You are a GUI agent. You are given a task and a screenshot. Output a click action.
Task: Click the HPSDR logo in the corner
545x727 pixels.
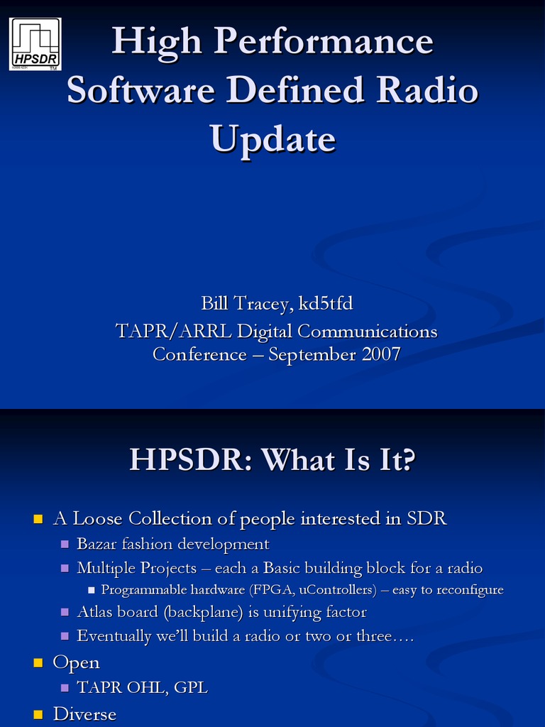point(35,44)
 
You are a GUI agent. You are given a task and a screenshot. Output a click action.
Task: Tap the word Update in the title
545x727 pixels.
point(272,138)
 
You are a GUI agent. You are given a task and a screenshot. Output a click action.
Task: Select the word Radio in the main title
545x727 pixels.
point(427,91)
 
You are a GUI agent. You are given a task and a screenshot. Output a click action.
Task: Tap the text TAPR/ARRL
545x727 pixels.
point(173,331)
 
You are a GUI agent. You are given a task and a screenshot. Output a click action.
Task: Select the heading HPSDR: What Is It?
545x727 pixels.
point(272,460)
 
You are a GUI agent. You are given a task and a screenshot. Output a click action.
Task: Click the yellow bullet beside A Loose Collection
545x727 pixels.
point(39,520)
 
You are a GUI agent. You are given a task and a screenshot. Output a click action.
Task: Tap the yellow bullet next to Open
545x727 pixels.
point(39,663)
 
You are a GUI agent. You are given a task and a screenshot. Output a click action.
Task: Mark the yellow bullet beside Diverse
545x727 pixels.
point(39,714)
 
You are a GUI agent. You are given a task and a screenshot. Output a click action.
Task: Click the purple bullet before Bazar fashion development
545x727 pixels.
point(65,545)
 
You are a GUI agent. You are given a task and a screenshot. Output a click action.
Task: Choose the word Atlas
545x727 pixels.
point(97,611)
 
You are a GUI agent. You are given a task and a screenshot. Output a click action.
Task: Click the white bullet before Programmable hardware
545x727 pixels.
point(92,591)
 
